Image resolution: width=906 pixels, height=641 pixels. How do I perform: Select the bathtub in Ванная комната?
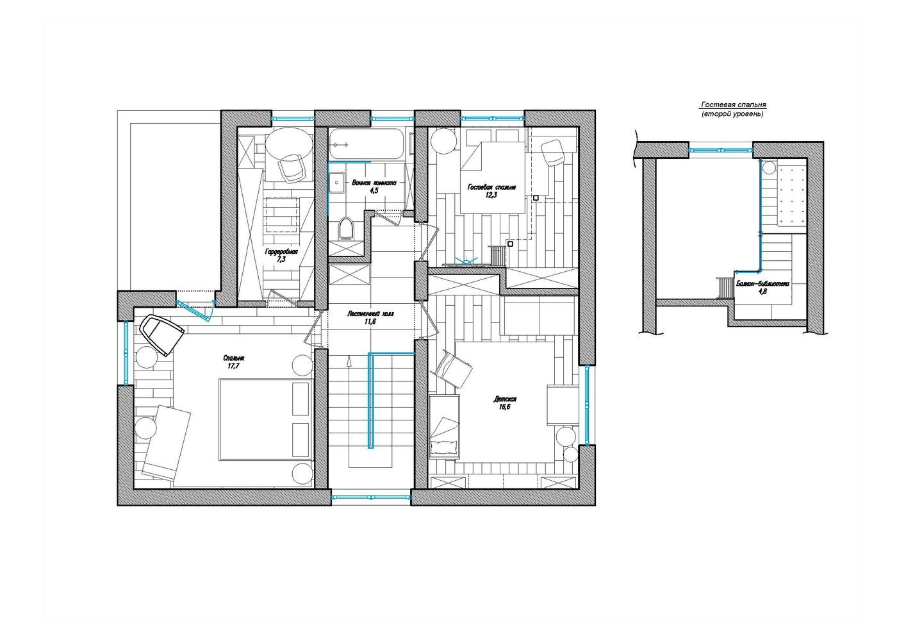(x=367, y=144)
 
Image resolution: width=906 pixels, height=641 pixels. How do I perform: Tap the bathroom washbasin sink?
(x=336, y=183)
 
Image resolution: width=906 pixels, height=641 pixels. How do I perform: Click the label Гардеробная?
(x=281, y=252)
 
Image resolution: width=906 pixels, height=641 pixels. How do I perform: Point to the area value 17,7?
(x=234, y=366)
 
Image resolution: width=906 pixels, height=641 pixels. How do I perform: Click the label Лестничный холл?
(x=370, y=313)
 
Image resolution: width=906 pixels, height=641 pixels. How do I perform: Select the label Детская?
(x=505, y=399)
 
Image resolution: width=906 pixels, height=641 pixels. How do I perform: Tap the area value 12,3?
(x=491, y=195)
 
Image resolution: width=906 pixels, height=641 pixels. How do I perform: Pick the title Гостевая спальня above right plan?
(x=734, y=105)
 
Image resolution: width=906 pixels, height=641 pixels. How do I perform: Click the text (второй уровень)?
(x=732, y=114)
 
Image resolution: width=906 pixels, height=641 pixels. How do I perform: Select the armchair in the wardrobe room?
(x=291, y=168)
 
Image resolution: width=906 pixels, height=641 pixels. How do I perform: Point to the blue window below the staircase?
(x=370, y=497)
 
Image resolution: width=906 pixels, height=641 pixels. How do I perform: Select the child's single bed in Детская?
(x=444, y=426)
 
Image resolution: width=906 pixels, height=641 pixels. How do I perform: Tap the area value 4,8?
(x=762, y=292)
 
